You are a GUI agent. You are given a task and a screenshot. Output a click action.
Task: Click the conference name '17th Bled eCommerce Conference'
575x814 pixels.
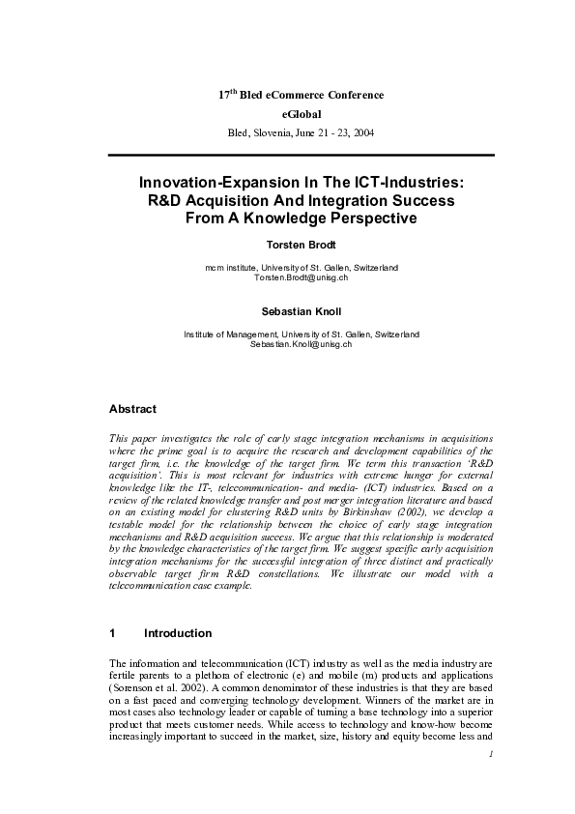tap(300, 95)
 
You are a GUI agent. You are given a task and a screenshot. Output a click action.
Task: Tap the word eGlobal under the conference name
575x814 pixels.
tap(301, 113)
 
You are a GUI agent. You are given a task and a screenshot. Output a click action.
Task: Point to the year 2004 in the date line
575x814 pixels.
tap(364, 131)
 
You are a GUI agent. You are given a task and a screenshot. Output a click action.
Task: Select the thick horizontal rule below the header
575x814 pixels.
tap(301, 155)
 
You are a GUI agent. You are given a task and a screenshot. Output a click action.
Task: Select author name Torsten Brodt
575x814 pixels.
tap(301, 244)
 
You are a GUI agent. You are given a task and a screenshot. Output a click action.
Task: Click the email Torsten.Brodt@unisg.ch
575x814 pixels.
tap(301, 277)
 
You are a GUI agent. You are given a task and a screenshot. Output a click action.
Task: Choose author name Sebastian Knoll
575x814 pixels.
tap(301, 311)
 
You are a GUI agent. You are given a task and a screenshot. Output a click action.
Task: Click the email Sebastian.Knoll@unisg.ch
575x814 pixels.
tap(301, 344)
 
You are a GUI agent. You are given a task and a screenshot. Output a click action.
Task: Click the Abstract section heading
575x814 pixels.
tap(132, 410)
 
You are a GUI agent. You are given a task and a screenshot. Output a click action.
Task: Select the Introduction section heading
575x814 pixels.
tap(177, 633)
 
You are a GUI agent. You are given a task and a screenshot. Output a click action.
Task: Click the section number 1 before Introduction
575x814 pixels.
tap(113, 633)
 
